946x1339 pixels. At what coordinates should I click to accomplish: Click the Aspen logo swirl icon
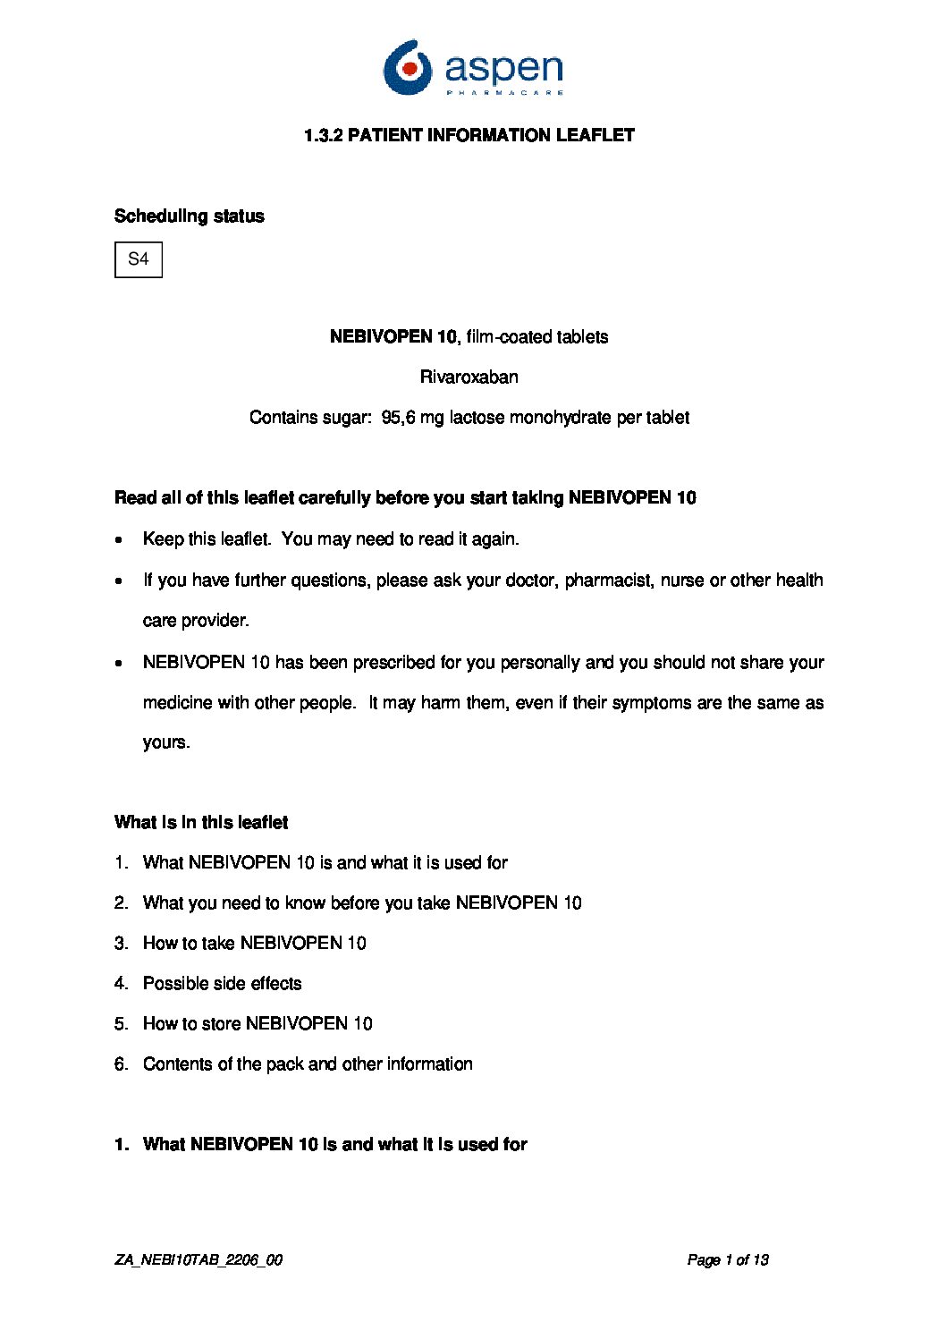[x=407, y=67]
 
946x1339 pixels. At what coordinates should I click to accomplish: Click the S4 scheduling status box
[x=139, y=259]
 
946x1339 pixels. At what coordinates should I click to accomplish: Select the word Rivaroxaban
[x=469, y=377]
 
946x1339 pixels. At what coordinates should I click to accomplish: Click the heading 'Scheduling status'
[x=190, y=216]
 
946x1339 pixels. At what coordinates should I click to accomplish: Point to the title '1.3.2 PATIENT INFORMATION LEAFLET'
[x=469, y=136]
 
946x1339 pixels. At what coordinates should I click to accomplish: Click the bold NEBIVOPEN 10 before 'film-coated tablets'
[x=393, y=337]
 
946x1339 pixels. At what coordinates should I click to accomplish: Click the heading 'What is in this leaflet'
[x=201, y=823]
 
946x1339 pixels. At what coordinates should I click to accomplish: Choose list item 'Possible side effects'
[x=222, y=984]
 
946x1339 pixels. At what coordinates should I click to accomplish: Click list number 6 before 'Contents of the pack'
[x=121, y=1064]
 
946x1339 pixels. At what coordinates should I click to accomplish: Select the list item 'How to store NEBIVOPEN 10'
[x=258, y=1024]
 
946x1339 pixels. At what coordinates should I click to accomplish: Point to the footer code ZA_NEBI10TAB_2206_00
[x=198, y=1260]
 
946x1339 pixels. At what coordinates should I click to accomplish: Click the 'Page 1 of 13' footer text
[x=728, y=1260]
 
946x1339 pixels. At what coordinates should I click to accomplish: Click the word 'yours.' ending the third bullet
[x=166, y=742]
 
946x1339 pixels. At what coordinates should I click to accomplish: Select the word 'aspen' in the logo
[x=503, y=68]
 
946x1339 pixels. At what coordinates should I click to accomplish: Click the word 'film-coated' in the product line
[x=507, y=337]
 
